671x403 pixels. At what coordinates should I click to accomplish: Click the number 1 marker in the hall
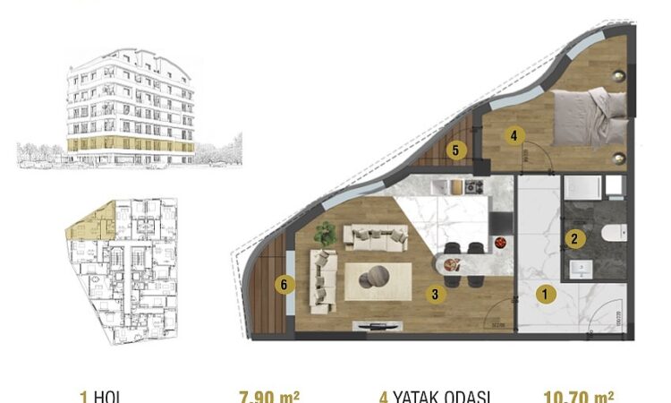tap(545, 293)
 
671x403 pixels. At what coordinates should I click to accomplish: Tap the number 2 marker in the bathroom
tap(576, 239)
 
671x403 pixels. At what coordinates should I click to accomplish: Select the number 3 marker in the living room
tap(434, 292)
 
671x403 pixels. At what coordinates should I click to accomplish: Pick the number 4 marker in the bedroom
tap(513, 136)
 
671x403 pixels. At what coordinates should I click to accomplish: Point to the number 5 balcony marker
tap(456, 150)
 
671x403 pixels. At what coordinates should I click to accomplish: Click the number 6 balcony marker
tap(284, 285)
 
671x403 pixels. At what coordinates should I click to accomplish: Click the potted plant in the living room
tap(325, 234)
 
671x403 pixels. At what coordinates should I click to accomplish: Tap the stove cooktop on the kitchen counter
tap(472, 187)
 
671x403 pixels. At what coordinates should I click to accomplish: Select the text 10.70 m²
tap(578, 396)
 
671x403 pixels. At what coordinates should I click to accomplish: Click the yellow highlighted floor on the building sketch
tap(130, 144)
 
